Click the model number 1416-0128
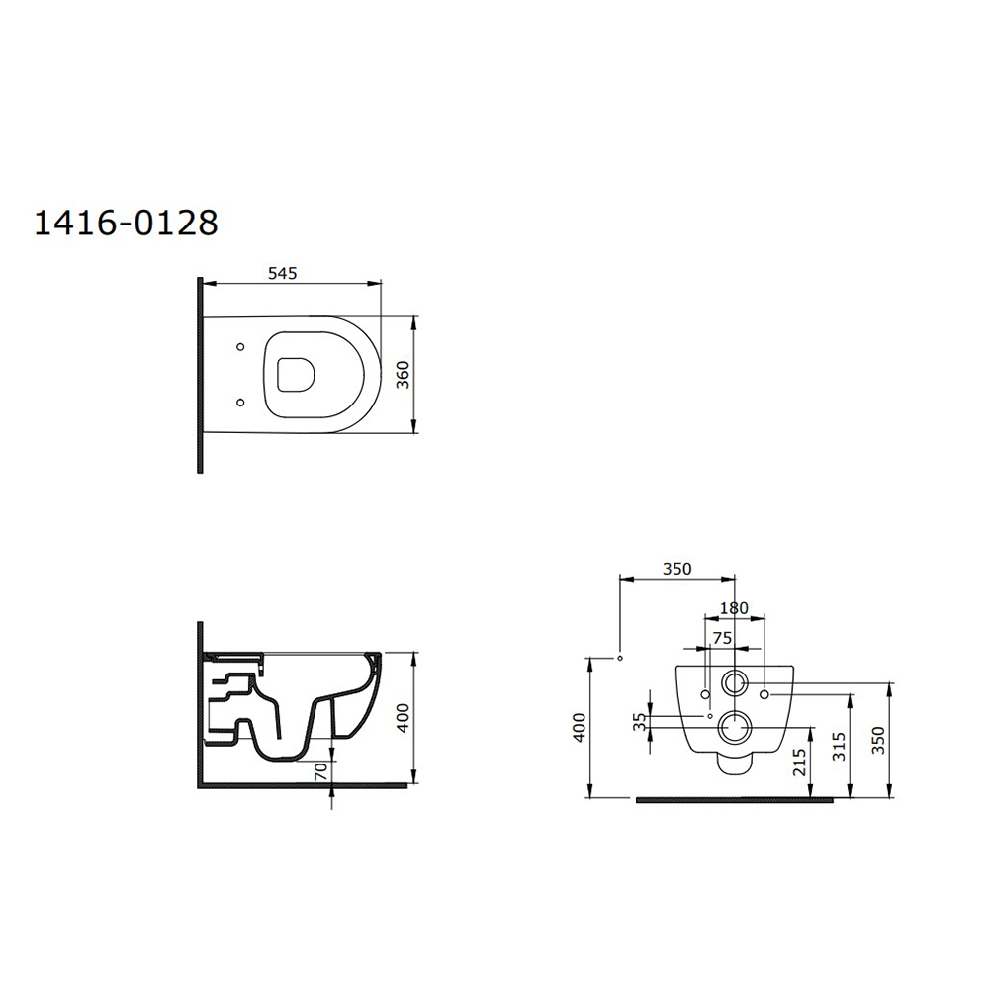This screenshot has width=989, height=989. [127, 222]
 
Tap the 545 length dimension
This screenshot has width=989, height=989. [282, 273]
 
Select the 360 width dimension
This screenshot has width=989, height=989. [404, 375]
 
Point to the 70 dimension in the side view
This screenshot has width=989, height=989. [321, 770]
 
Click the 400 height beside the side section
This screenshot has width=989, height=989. [404, 717]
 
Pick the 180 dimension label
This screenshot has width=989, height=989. [734, 608]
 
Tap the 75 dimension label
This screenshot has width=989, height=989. [722, 638]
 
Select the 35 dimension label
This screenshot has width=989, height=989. [640, 722]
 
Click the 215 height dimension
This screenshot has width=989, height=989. [800, 762]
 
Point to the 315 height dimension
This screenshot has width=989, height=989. [839, 746]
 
